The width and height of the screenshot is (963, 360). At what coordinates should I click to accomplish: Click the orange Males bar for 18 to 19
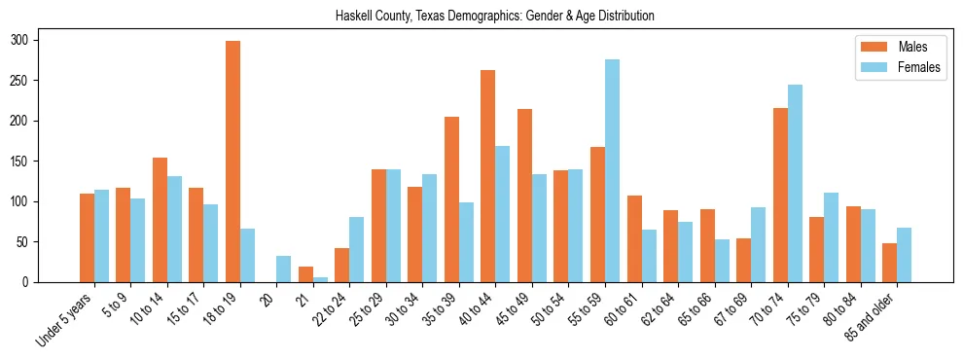click(232, 162)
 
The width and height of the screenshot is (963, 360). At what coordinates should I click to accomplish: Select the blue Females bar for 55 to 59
click(613, 171)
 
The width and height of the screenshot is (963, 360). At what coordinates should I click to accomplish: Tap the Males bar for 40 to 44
click(488, 176)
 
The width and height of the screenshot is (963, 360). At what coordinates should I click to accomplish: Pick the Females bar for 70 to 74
click(795, 184)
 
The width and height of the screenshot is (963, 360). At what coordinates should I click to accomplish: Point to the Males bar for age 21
click(305, 274)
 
